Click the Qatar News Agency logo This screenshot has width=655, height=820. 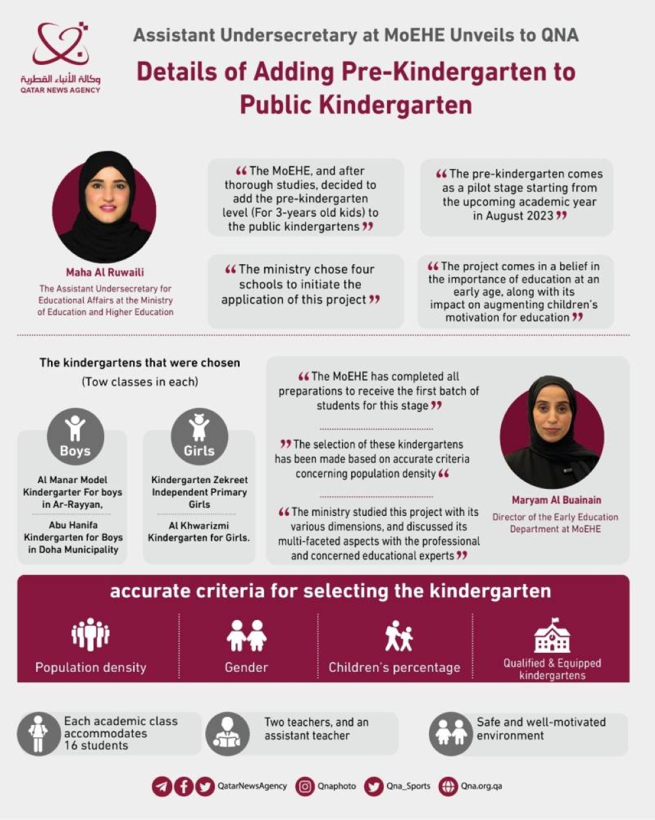click(x=60, y=56)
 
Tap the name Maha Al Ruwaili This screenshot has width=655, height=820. click(x=105, y=272)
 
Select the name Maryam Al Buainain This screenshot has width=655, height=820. click(x=556, y=500)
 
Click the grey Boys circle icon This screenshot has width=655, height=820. click(x=75, y=436)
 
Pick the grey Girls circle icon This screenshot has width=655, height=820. click(x=199, y=436)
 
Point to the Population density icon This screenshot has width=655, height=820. click(x=90, y=635)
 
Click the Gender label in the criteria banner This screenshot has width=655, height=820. click(x=246, y=667)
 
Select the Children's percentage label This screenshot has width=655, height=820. click(x=394, y=667)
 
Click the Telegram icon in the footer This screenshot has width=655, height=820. click(x=162, y=786)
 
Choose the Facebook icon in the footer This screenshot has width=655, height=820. click(x=183, y=786)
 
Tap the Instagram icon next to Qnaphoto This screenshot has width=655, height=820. click(x=305, y=786)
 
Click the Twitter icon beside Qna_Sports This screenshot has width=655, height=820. click(x=374, y=786)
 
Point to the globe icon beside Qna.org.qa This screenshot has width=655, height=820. click(x=448, y=786)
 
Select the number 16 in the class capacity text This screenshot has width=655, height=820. click(x=71, y=746)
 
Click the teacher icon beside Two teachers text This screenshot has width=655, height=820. click(x=227, y=734)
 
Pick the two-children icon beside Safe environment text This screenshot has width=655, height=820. click(x=451, y=734)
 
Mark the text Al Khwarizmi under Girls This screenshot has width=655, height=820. click(x=198, y=525)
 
